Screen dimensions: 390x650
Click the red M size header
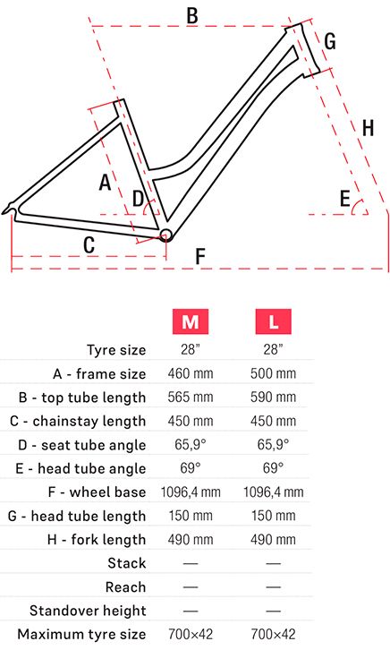tap(190, 321)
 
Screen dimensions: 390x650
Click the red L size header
tap(273, 321)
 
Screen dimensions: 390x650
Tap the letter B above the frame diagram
tap(192, 16)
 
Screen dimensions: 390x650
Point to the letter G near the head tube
tap(329, 41)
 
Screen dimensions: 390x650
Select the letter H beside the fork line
tap(368, 128)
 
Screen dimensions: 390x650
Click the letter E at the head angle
tap(345, 198)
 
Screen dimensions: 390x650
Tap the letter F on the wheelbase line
tap(200, 256)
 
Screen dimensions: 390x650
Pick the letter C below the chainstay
tap(89, 245)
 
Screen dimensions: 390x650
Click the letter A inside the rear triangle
tap(106, 183)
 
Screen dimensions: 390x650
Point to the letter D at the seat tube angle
tap(138, 199)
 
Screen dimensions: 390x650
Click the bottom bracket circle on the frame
tap(165, 235)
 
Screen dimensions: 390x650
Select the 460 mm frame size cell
tap(190, 373)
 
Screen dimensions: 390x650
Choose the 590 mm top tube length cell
tap(273, 398)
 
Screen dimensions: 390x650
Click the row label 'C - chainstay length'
tap(78, 421)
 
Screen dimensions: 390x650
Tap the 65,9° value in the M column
tap(190, 444)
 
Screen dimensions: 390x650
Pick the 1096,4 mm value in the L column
tap(273, 492)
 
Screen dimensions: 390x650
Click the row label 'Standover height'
tap(88, 611)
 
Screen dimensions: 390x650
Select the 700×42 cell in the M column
tap(190, 634)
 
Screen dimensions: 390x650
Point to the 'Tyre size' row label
tap(116, 350)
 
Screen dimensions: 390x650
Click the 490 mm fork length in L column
tap(273, 539)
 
